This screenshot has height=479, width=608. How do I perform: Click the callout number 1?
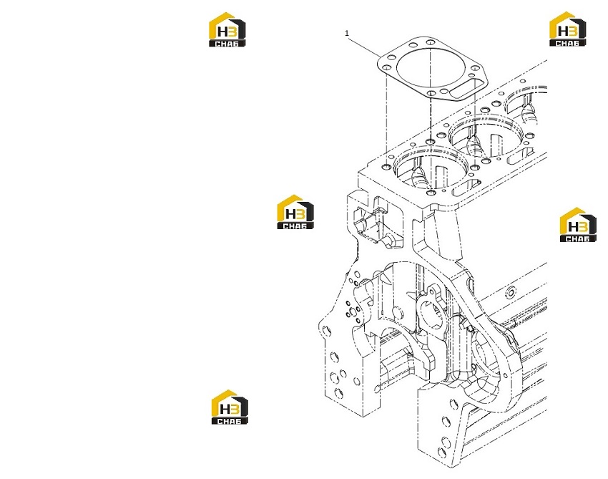click(347, 34)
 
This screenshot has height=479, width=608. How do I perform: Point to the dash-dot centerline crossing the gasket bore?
click(431, 117)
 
